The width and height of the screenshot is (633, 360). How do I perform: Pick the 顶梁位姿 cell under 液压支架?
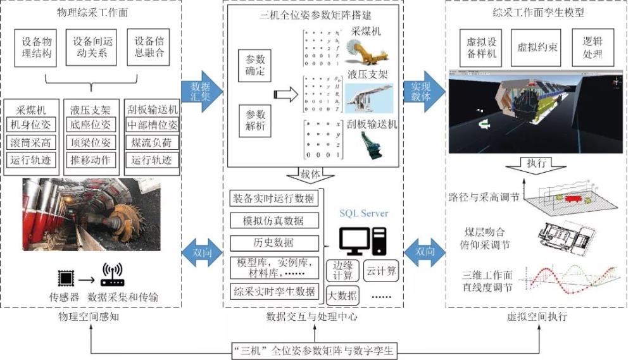(91, 140)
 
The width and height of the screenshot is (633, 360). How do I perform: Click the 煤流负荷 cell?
(152, 140)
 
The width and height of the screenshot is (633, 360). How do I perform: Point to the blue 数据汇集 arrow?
(201, 92)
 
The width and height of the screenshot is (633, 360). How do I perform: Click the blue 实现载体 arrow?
(424, 92)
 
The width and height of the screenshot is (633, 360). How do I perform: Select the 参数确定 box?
(256, 65)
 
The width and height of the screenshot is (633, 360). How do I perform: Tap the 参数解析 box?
(256, 120)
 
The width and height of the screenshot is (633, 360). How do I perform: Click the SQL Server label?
(365, 213)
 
